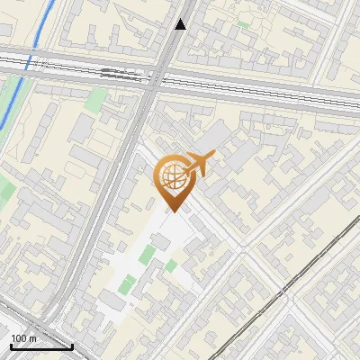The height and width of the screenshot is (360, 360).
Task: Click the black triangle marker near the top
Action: click(x=181, y=24)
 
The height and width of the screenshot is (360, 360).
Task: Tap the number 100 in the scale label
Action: click(x=19, y=337)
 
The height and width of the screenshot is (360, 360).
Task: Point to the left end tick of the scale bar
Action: click(x=10, y=345)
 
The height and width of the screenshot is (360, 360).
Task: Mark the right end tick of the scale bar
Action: click(x=72, y=345)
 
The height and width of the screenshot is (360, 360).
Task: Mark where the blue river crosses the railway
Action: click(x=30, y=65)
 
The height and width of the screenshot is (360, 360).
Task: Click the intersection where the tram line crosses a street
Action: click(x=282, y=290)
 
